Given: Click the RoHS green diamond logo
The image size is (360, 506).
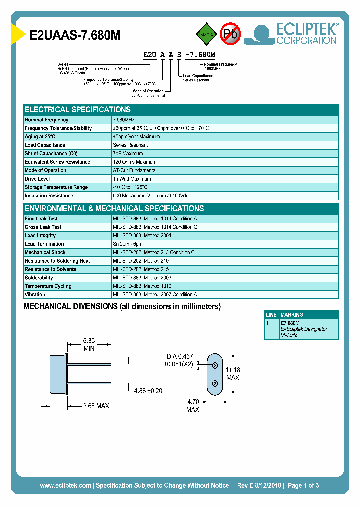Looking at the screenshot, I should coord(205,34).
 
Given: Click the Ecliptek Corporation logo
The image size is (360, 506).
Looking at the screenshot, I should coord(294,34).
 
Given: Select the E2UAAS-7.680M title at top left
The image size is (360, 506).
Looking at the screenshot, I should coord(75,35).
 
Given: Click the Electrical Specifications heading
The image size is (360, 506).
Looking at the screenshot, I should coord(77,109).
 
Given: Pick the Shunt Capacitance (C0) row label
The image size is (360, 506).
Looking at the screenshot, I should coord(51,153).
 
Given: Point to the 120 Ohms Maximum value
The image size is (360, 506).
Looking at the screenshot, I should coord(135,162).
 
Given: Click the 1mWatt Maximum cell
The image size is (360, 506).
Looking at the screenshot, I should coord(132,179).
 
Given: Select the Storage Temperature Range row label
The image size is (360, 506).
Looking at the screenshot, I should coord(56,187).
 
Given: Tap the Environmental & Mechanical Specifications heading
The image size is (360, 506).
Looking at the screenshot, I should coord(114,208).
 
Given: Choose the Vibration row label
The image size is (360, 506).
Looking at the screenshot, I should coord(35,295).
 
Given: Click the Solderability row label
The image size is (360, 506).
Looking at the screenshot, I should coord(39,278).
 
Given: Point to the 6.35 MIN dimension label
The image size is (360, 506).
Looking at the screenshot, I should coord(89,345).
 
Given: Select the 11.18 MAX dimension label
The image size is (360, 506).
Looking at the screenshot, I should coord(232,374).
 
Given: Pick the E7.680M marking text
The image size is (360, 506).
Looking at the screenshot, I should coord(290,323).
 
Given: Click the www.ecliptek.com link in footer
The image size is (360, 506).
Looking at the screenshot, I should coord(65,485).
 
